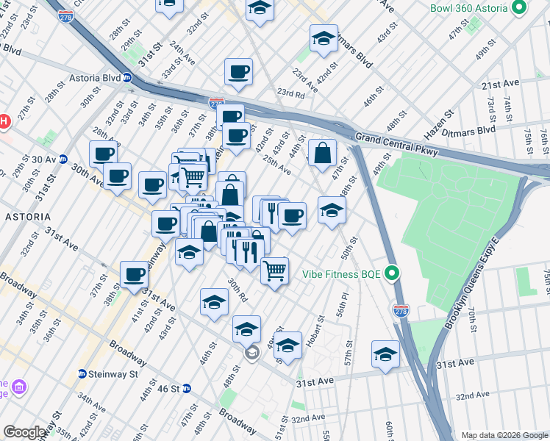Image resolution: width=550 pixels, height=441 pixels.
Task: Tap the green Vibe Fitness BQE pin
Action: pos(392,274)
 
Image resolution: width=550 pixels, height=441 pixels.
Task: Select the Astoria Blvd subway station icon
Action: pos(127,77)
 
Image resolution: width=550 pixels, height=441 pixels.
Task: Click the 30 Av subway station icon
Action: pos(63,159)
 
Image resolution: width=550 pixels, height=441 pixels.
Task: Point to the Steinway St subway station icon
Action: pos(82,373)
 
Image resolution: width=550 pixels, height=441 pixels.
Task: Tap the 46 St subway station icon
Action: pos(187,387)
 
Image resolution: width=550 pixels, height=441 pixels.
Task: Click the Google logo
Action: pos(24,432)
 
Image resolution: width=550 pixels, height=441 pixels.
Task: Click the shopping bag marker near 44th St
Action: pos(322,154)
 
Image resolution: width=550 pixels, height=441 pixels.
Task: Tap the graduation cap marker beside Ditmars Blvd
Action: pos(324,39)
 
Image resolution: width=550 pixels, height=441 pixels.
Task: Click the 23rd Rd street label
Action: pos(290,94)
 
